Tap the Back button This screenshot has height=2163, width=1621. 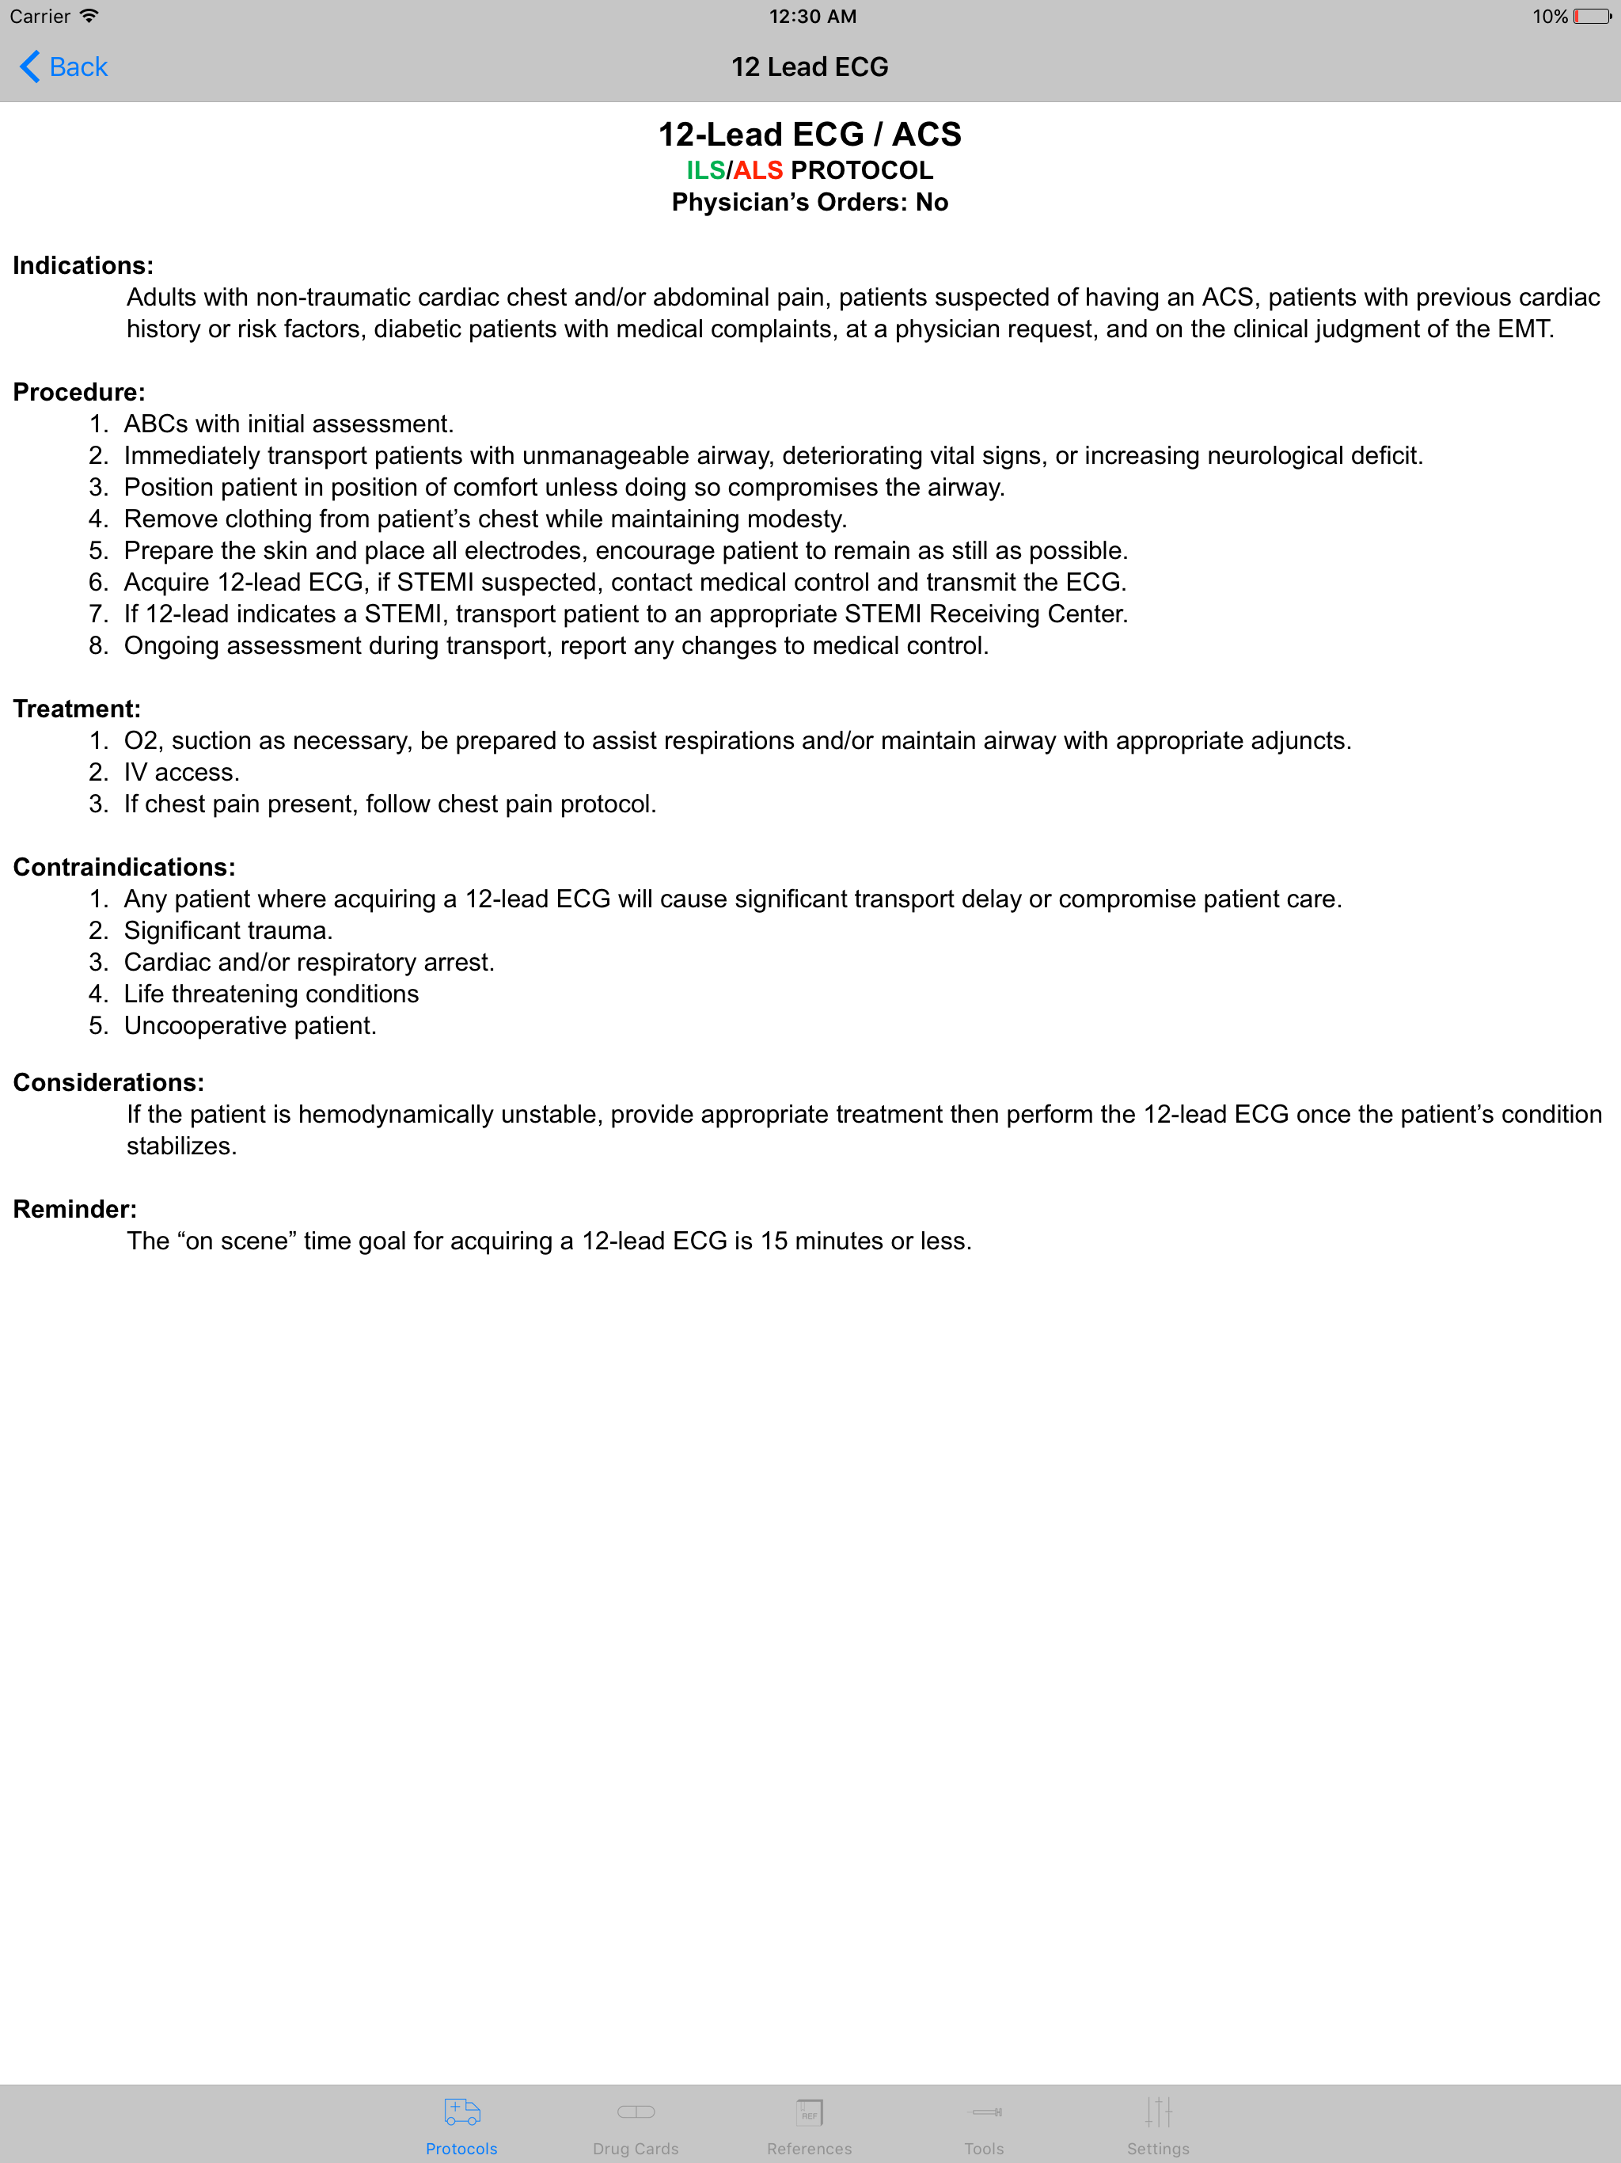click(x=65, y=67)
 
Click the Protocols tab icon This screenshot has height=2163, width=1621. click(x=461, y=2112)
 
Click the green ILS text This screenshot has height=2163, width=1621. click(x=705, y=170)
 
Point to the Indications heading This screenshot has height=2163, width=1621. click(x=83, y=265)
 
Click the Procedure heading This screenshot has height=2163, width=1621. click(x=79, y=392)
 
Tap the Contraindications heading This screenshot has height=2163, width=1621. click(x=124, y=868)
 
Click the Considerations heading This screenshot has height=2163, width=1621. click(x=108, y=1082)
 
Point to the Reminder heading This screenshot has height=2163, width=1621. click(x=75, y=1210)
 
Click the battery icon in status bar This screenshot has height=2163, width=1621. click(x=1592, y=17)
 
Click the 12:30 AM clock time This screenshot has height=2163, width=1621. click(x=812, y=17)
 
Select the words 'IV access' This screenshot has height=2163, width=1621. click(x=181, y=773)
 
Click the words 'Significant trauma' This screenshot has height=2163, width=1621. click(x=228, y=931)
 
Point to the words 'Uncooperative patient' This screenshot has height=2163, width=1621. click(x=249, y=1026)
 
